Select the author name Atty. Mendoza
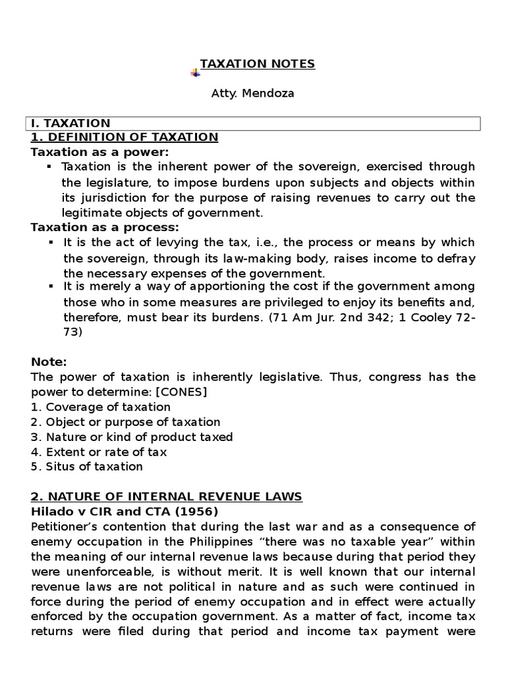(252, 93)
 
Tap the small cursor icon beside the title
(196, 72)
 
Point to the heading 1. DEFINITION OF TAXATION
(125, 137)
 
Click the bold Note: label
(49, 362)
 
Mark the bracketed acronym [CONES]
(186, 392)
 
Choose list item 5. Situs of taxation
(87, 467)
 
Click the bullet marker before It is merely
(50, 286)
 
